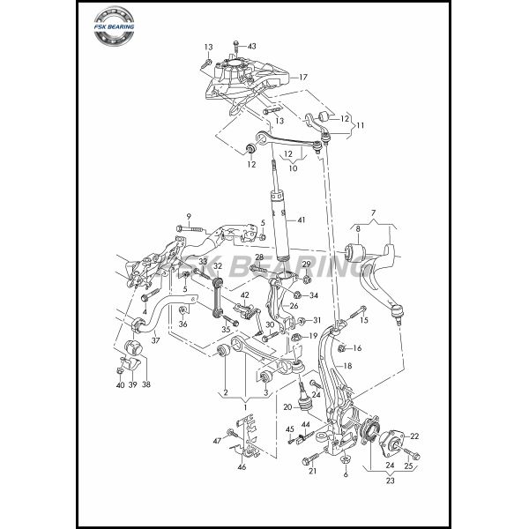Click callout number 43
(251, 46)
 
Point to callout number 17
(302, 77)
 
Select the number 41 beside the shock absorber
(301, 220)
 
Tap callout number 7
(373, 212)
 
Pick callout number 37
(155, 340)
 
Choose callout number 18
(348, 365)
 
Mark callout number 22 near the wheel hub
(414, 436)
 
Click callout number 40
(119, 384)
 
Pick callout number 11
(360, 126)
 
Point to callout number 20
(287, 406)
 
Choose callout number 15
(364, 319)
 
